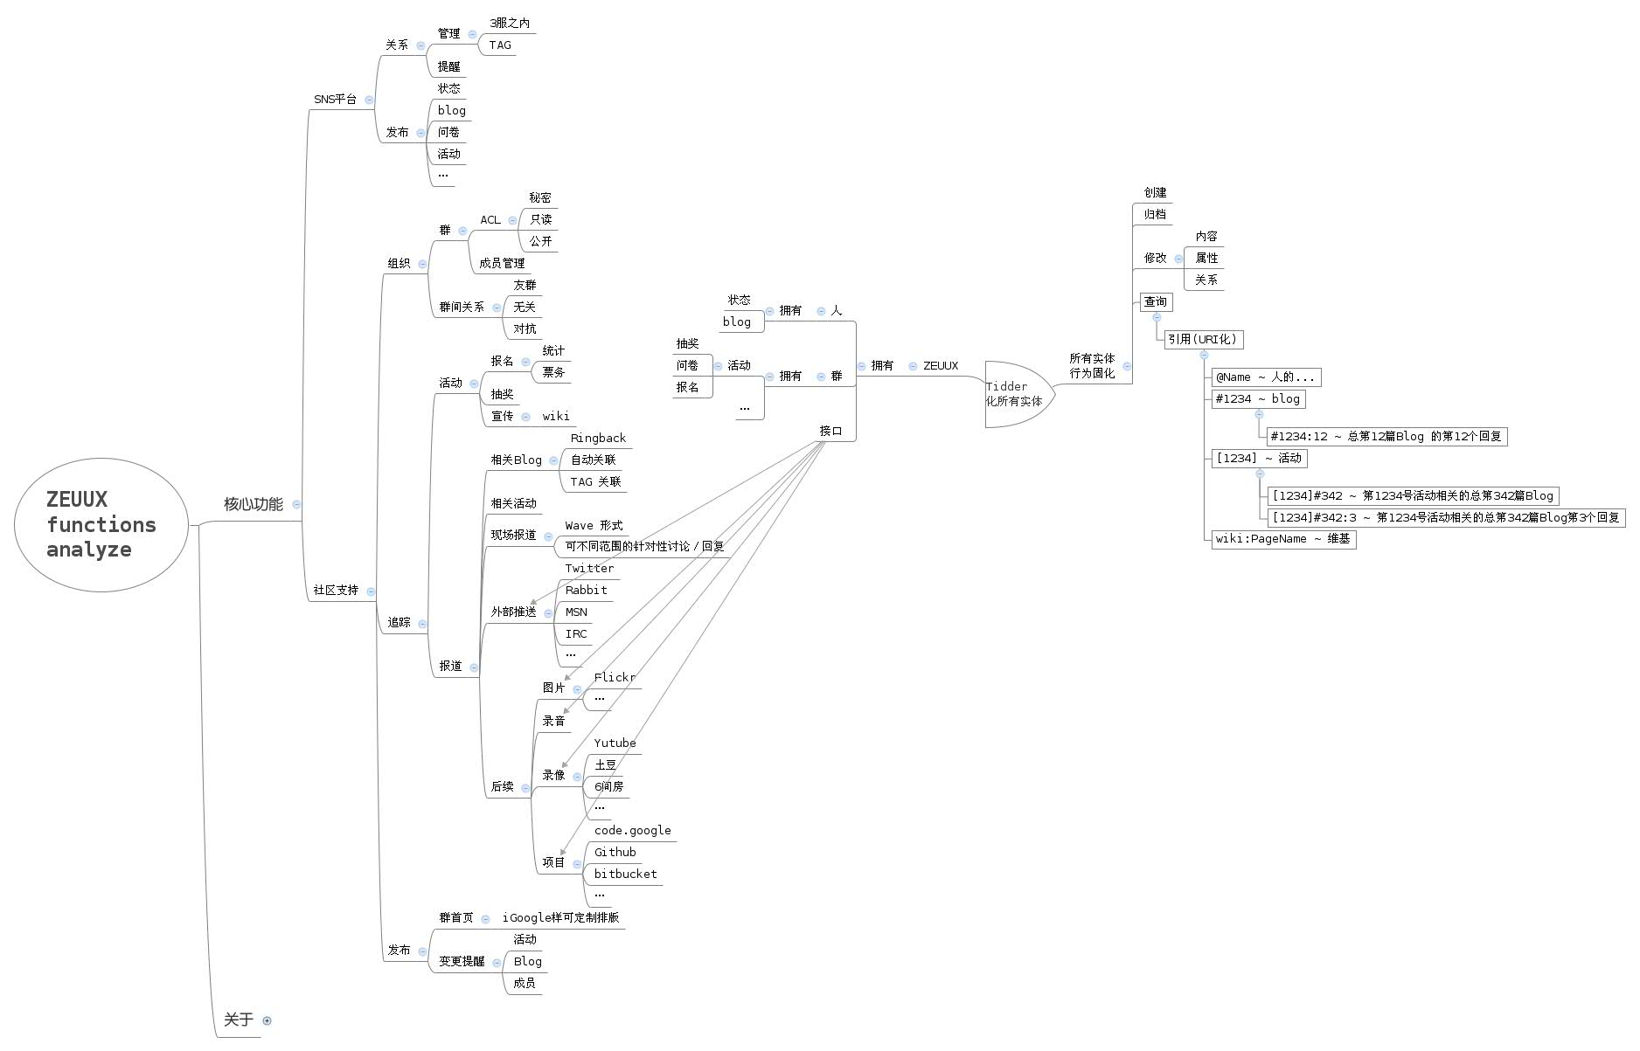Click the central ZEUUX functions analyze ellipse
click(x=101, y=525)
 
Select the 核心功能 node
click(x=253, y=504)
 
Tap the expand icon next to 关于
click(x=268, y=1020)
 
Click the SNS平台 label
click(x=335, y=100)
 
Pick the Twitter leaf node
click(x=589, y=569)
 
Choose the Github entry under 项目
click(x=615, y=853)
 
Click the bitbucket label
click(x=625, y=875)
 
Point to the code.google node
click(x=632, y=831)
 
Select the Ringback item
click(x=598, y=439)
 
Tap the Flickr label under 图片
click(x=615, y=678)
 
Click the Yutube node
click(x=615, y=743)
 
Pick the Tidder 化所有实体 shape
click(x=1016, y=394)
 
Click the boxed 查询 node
click(x=1156, y=302)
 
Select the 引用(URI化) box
click(x=1203, y=339)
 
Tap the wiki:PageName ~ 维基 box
click(x=1282, y=539)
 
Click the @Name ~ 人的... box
click(x=1265, y=377)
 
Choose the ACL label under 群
click(x=490, y=220)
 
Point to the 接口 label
click(x=830, y=432)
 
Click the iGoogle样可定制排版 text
click(x=560, y=918)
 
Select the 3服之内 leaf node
click(x=510, y=24)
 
